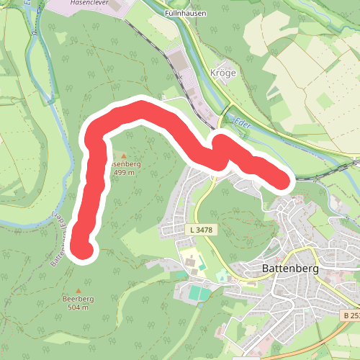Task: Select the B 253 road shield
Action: click(x=351, y=315)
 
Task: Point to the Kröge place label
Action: click(x=222, y=73)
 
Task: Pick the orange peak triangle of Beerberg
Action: click(x=78, y=290)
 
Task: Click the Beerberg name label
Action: click(x=78, y=299)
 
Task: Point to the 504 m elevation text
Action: click(x=78, y=307)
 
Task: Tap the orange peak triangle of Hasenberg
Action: click(x=124, y=155)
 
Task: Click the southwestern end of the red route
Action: click(x=83, y=248)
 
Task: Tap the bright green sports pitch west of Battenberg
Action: click(x=199, y=293)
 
